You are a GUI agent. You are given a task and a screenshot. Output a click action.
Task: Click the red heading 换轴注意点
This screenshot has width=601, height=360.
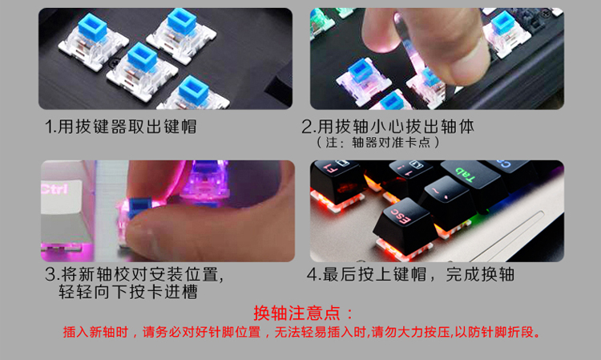click(x=303, y=313)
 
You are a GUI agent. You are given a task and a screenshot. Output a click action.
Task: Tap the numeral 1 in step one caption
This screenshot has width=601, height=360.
click(x=48, y=127)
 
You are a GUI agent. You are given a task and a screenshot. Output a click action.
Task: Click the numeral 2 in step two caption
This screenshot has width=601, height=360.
click(x=307, y=127)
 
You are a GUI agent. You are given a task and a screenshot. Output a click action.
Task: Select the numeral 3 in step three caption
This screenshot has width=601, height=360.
click(x=50, y=274)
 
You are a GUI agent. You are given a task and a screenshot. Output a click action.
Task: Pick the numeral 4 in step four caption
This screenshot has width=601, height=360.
click(x=312, y=274)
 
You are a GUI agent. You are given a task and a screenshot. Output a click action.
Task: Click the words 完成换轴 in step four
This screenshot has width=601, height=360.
click(x=479, y=274)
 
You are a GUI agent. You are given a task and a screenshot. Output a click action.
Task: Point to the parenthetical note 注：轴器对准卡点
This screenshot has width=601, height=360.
click(x=377, y=143)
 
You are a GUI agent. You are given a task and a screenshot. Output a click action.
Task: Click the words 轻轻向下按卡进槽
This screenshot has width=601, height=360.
click(x=128, y=292)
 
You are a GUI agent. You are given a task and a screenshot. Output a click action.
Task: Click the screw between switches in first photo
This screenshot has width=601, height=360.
click(x=113, y=62)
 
